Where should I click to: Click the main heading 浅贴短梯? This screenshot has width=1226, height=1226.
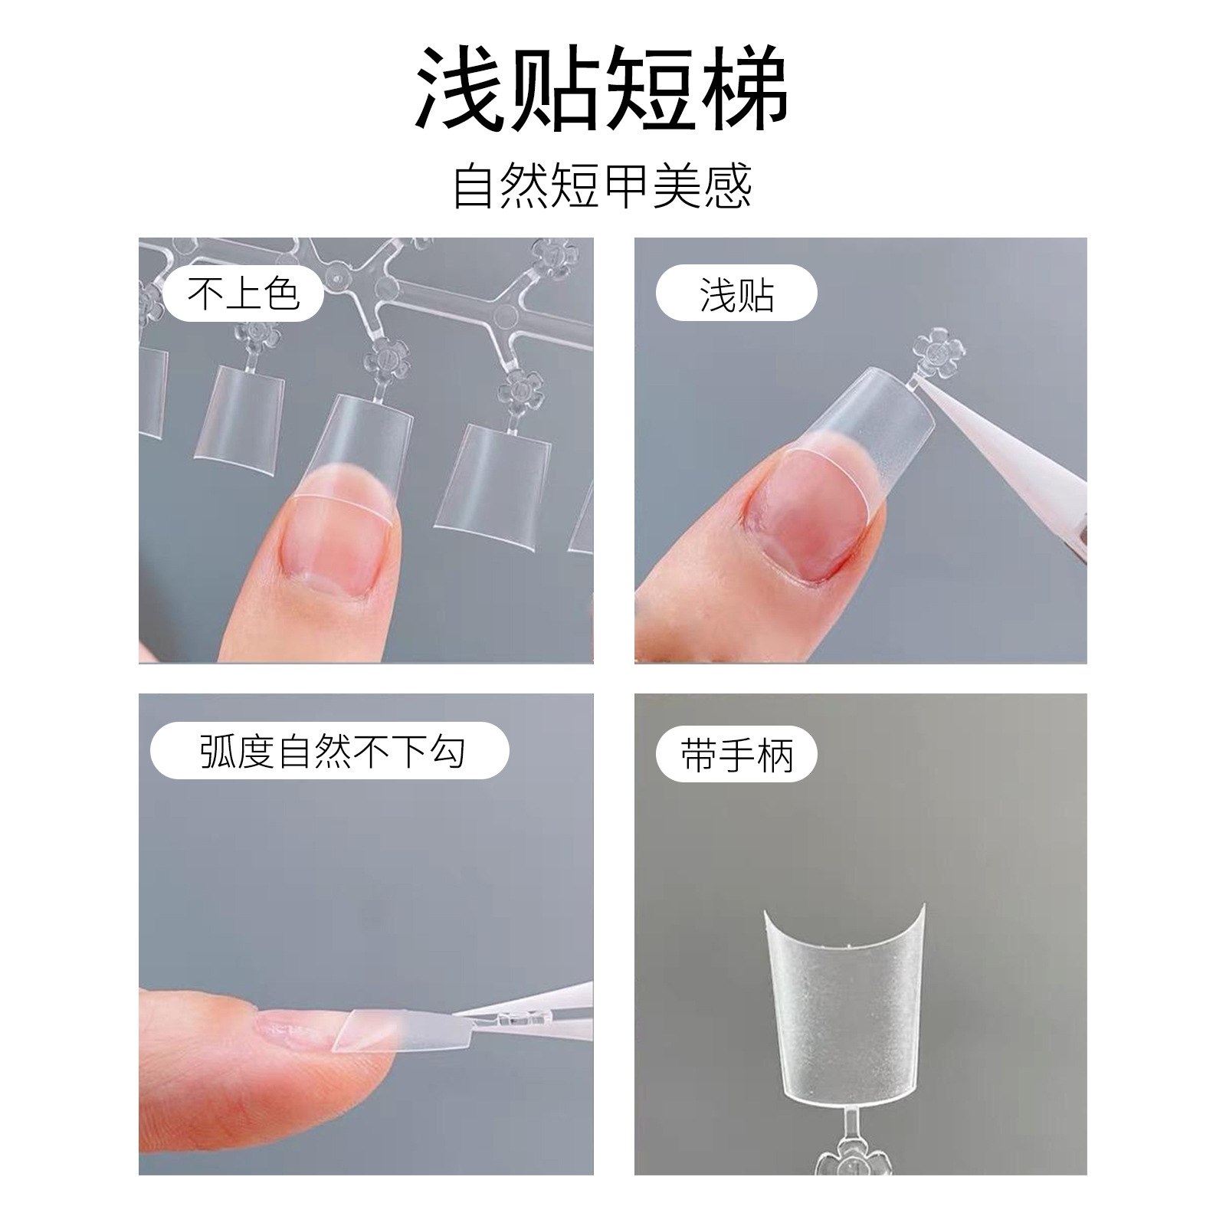[602, 88]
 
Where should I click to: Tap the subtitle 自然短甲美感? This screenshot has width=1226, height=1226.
[602, 186]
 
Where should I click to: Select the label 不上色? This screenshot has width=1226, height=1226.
[243, 293]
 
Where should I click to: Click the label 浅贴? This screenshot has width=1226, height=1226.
[736, 294]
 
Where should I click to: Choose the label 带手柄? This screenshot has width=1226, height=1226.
[736, 755]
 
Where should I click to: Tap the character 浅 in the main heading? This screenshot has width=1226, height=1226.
[461, 88]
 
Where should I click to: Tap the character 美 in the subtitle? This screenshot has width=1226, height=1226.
[677, 186]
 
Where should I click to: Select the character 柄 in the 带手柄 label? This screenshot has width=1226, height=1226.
[774, 755]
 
